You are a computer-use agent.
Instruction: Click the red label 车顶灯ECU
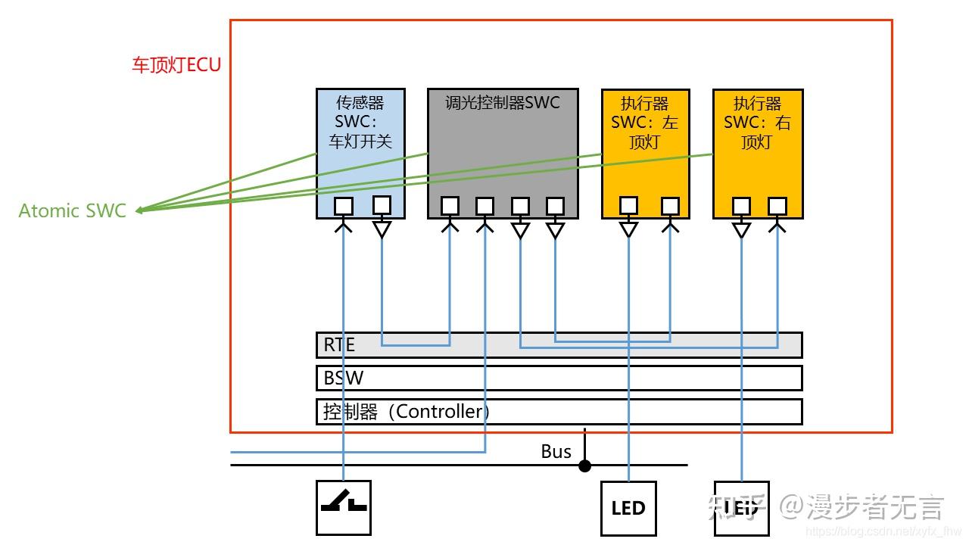(x=176, y=64)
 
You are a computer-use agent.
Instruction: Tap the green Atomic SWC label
(x=72, y=210)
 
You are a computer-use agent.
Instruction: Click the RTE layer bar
(x=559, y=344)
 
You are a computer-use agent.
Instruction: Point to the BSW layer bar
(x=559, y=378)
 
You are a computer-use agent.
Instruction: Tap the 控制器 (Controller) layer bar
(x=559, y=411)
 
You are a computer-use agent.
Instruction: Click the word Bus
(x=556, y=452)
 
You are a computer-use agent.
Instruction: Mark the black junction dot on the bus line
(x=584, y=466)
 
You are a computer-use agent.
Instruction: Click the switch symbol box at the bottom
(x=344, y=507)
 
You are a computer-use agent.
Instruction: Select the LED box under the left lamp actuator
(x=628, y=508)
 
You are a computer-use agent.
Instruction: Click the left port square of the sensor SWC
(x=344, y=206)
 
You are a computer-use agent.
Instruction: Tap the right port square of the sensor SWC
(x=382, y=204)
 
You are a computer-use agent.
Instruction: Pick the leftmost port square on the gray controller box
(x=450, y=206)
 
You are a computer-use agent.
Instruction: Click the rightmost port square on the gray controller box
(x=555, y=206)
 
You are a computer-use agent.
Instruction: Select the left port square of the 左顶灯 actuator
(x=628, y=205)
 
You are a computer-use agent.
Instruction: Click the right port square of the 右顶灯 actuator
(x=777, y=206)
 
